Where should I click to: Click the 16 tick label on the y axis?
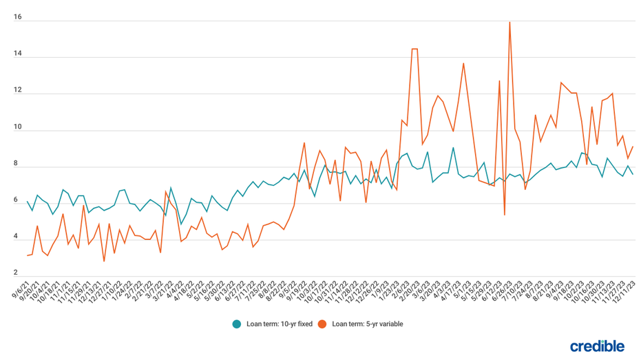tap(17, 18)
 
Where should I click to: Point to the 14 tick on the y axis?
tap(17, 54)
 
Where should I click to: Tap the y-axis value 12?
tap(17, 91)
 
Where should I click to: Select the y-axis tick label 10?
tap(17, 128)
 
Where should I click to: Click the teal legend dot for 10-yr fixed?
tap(237, 324)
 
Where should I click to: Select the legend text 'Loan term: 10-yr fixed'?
tap(279, 324)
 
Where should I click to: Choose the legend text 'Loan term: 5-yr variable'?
tap(367, 324)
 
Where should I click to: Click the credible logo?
tap(597, 346)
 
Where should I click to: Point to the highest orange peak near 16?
tap(509, 22)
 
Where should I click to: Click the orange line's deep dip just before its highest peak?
tap(505, 215)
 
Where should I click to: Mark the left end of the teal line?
tap(27, 201)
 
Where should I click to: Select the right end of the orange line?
tap(633, 146)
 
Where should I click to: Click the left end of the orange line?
tap(27, 255)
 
